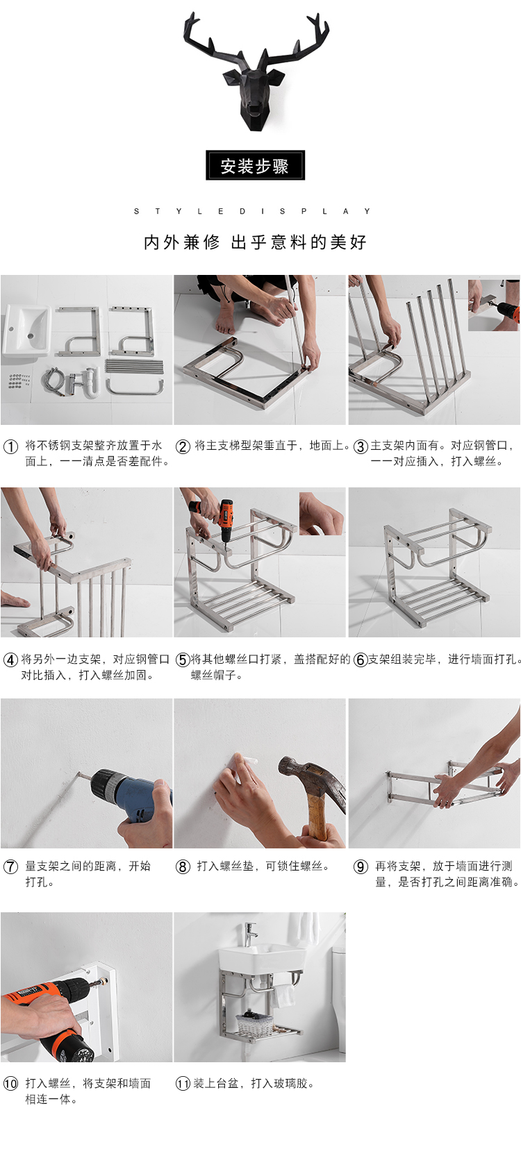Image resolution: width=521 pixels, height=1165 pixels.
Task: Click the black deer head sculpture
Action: click(255, 78)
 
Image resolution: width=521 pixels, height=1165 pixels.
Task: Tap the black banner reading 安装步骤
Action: click(255, 165)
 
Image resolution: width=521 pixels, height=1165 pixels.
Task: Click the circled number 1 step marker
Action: click(11, 446)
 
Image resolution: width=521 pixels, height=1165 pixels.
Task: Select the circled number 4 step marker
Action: click(11, 660)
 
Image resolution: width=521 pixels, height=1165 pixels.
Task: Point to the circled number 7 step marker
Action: click(11, 866)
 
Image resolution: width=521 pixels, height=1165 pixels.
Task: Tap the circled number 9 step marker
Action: click(361, 866)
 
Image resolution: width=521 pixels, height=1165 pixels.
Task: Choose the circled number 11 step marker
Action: click(183, 1084)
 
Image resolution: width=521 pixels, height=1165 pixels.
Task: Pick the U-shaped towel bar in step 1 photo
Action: click(135, 387)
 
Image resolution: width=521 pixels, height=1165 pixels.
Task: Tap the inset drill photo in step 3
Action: click(493, 305)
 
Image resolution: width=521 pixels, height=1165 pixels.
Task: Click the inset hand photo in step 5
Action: click(322, 513)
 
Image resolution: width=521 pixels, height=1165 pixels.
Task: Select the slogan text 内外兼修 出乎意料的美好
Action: click(255, 242)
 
